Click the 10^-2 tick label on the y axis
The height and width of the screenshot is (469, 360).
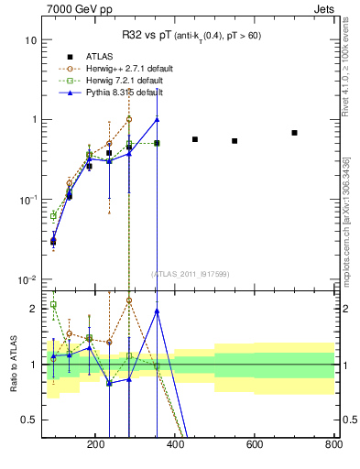27,279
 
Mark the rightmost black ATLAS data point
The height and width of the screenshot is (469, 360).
294,133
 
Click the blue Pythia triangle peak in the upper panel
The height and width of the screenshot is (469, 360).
157,119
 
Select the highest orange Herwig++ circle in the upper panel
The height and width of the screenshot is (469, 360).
129,119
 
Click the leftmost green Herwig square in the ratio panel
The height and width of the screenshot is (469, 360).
53,305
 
